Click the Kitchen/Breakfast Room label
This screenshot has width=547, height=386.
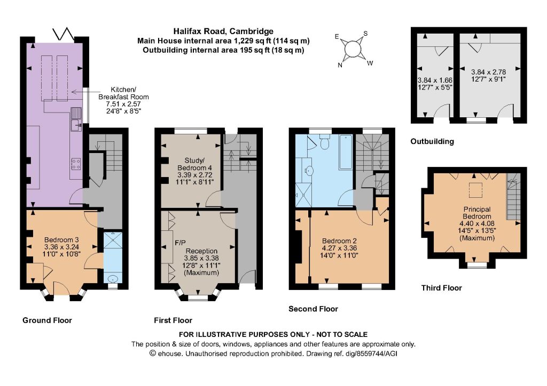tap(123, 93)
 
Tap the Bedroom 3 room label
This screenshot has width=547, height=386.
tap(61, 240)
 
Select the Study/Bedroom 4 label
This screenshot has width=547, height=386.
tap(194, 164)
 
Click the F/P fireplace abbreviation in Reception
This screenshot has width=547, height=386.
tap(181, 243)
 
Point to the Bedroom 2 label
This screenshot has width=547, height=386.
tap(339, 241)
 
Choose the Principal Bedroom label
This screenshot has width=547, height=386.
tap(477, 213)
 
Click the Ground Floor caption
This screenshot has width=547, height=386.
tap(47, 320)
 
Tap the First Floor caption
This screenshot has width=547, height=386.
tap(173, 320)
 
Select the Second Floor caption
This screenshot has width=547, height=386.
tap(313, 309)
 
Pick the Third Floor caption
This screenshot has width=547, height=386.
tap(441, 288)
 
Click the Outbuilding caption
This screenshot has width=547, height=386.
tap(432, 141)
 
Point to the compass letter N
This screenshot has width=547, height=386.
tap(340, 65)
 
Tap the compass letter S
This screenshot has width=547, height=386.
tap(365, 34)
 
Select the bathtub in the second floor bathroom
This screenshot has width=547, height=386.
tap(346, 152)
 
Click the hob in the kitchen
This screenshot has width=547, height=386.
tap(76, 164)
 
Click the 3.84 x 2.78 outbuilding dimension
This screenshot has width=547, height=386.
tap(488, 72)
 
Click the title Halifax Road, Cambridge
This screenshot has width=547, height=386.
tap(223, 31)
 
